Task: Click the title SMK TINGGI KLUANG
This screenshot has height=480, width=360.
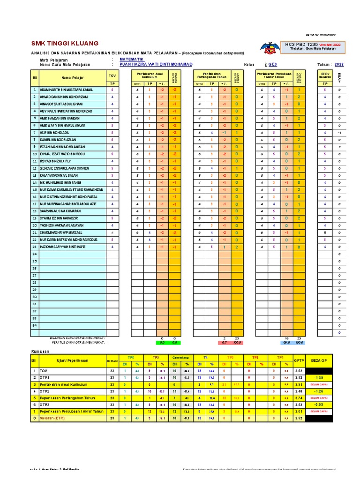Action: (59, 44)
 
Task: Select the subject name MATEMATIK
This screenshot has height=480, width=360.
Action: (132, 60)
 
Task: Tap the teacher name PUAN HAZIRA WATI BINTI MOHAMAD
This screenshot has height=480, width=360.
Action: (156, 65)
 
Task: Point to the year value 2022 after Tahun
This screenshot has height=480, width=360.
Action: (338, 65)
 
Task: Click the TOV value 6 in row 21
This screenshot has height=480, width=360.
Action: (112, 232)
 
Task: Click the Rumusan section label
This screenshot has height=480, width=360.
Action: (40, 351)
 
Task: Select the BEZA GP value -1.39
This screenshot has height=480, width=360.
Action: (319, 377)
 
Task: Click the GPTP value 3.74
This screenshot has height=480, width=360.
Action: (299, 397)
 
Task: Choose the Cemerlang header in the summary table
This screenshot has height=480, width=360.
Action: (180, 357)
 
